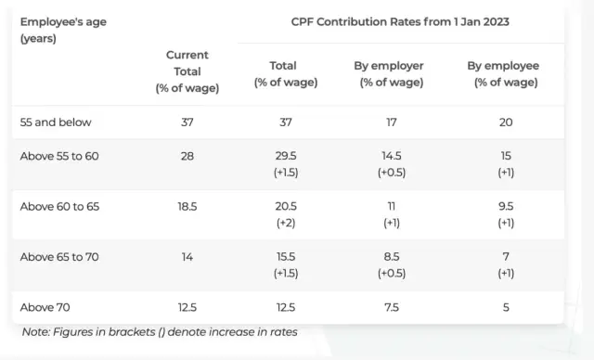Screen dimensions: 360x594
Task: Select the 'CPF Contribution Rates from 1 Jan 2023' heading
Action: tap(401, 21)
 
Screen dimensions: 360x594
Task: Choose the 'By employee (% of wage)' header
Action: tap(506, 73)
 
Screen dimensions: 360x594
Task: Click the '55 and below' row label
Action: tap(56, 122)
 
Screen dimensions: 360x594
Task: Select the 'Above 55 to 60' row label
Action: tap(59, 156)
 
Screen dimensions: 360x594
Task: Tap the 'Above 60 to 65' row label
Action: tap(59, 206)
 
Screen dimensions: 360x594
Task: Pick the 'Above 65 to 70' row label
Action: tap(59, 257)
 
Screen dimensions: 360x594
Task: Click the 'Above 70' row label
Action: tap(45, 307)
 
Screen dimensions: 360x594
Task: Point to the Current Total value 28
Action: tap(187, 156)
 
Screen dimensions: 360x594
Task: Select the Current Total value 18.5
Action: tap(187, 206)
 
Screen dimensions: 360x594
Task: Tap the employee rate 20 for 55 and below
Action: tap(506, 122)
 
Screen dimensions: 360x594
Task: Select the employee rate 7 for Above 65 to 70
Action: tap(506, 257)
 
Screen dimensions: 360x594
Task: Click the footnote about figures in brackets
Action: tap(160, 332)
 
